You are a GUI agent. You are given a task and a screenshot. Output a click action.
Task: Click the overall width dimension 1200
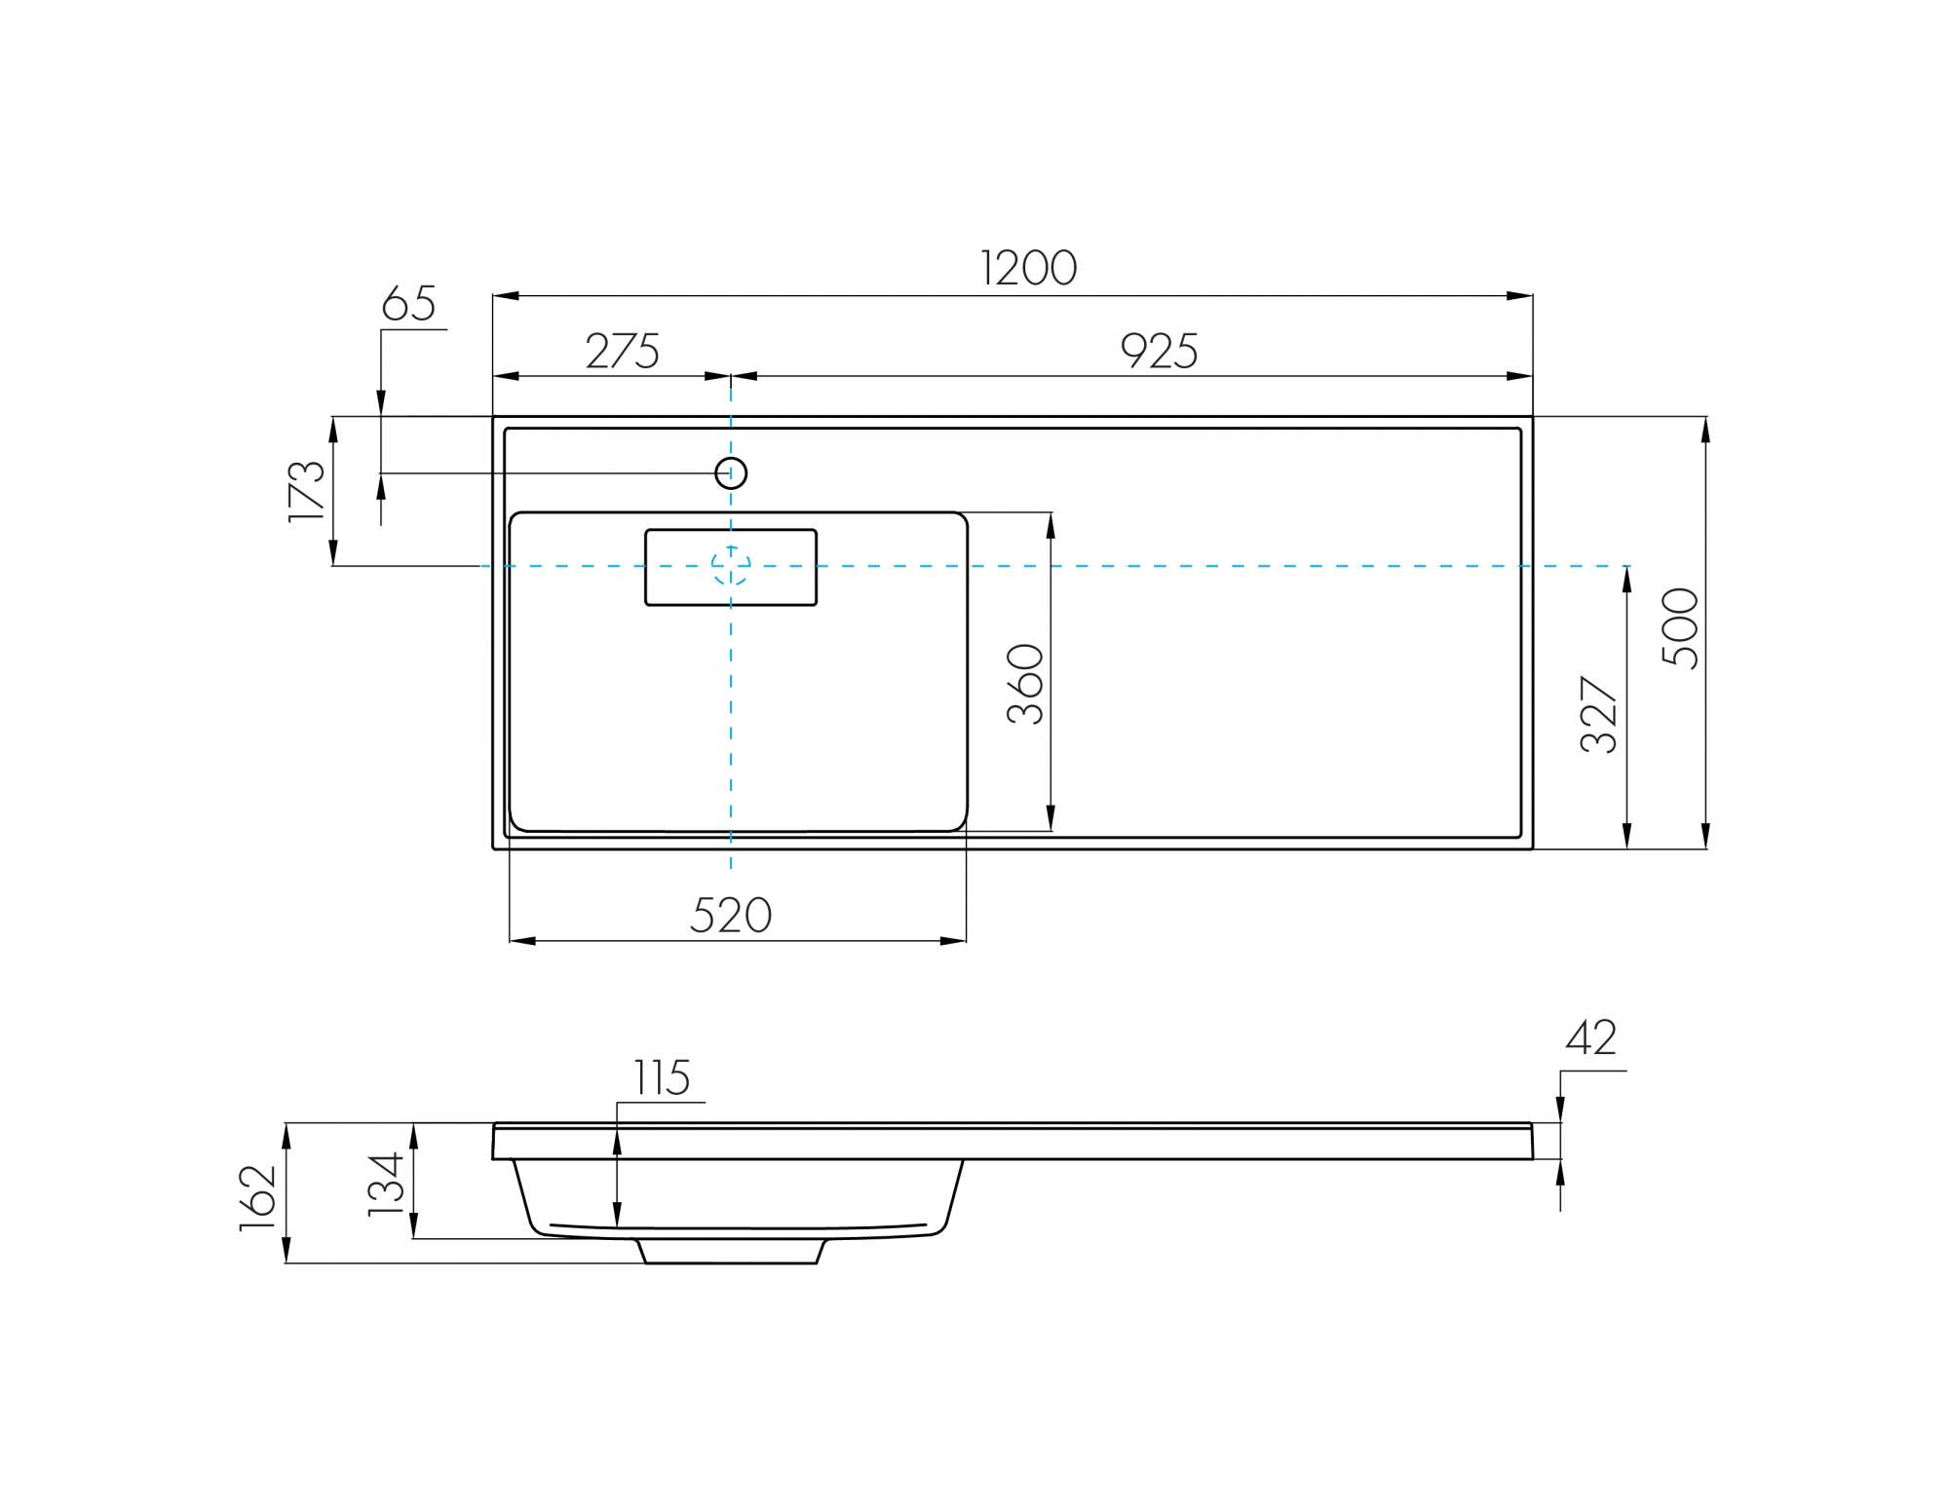point(1028,268)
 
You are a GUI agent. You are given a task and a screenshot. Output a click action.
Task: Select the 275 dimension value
point(623,351)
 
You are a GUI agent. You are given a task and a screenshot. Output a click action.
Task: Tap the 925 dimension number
point(1159,351)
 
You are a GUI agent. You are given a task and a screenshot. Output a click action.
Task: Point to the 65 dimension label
point(408,303)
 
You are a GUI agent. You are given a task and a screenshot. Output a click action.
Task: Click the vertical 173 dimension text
point(306,491)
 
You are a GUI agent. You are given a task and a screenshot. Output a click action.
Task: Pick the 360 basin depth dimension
point(1025,684)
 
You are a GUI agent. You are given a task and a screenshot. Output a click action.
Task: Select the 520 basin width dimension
point(731,916)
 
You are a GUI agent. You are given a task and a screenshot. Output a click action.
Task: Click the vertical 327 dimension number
point(1598,714)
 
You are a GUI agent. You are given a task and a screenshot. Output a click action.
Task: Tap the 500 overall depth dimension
point(1680,628)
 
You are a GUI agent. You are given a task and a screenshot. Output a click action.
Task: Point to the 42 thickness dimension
point(1591,1037)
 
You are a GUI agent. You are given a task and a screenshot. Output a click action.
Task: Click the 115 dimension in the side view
point(663,1077)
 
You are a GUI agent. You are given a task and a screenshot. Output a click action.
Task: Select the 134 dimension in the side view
point(386,1184)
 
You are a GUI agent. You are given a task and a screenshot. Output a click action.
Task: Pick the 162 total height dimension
point(258,1198)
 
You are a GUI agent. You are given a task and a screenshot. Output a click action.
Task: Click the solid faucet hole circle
point(731,473)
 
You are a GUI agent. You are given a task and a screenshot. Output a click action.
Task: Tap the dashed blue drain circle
point(731,566)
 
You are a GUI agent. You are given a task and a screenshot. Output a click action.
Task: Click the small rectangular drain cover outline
point(731,567)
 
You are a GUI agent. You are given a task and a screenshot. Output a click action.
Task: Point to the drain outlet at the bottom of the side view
point(731,1252)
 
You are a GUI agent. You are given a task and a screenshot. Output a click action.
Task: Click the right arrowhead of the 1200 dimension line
point(1519,295)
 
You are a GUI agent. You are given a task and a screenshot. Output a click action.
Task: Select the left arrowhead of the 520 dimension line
point(523,941)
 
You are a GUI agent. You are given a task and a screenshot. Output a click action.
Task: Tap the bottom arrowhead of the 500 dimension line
point(1705,836)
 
